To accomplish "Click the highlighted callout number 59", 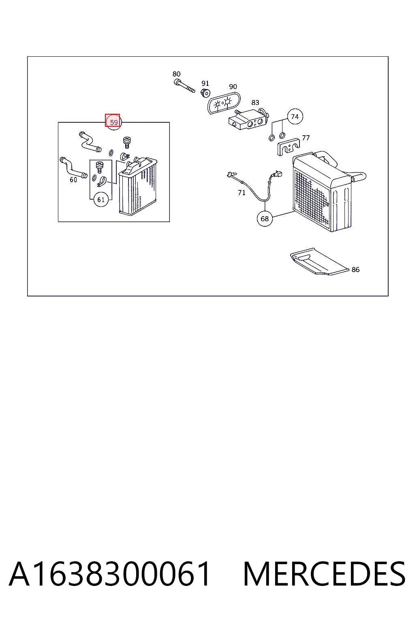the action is (x=114, y=122).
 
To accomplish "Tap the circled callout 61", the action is (x=101, y=199).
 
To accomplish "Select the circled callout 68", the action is (x=265, y=219).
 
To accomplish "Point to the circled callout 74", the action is (x=295, y=117).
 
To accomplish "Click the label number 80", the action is (x=177, y=74).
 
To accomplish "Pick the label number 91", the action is (x=205, y=83).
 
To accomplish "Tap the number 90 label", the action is (x=233, y=87).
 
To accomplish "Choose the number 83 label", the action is (x=255, y=103).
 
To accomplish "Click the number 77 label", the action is (x=306, y=138).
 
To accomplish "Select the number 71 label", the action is (x=242, y=192).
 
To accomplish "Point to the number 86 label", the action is (x=355, y=270).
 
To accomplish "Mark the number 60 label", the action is (x=73, y=180).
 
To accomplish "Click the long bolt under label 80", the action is (x=184, y=86).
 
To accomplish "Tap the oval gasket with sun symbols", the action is (x=224, y=103).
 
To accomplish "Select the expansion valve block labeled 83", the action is (x=248, y=119).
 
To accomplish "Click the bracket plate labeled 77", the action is (x=289, y=146).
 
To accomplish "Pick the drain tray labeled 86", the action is (x=319, y=262).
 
